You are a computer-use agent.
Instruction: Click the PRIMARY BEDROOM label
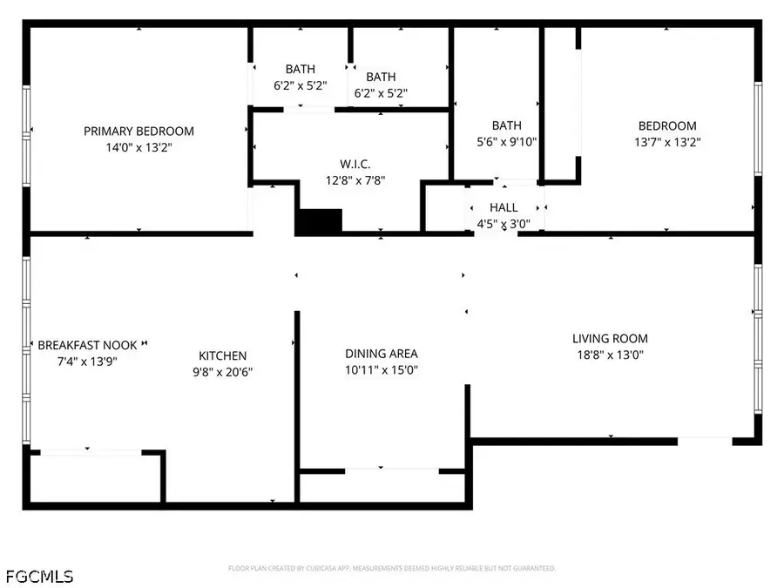tap(139, 132)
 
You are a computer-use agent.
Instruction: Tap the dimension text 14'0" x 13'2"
tap(139, 148)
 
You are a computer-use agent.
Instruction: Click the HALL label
tap(504, 207)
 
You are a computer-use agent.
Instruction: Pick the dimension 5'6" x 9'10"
tap(506, 142)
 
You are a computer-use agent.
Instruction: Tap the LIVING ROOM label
tap(610, 339)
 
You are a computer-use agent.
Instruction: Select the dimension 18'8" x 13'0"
tap(610, 355)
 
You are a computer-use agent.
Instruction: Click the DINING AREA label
tap(382, 354)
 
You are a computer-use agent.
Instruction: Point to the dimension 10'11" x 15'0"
tap(382, 370)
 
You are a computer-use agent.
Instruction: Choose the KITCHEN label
tap(223, 355)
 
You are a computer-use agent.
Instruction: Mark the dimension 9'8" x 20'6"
tap(223, 372)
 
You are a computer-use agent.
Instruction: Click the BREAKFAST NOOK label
tap(87, 346)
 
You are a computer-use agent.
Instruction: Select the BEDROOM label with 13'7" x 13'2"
tap(667, 126)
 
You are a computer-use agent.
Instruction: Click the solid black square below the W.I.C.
tap(319, 221)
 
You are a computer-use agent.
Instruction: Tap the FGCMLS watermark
tap(39, 577)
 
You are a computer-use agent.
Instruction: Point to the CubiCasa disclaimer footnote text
tap(392, 569)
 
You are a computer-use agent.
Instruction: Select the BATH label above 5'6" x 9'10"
tap(506, 125)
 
